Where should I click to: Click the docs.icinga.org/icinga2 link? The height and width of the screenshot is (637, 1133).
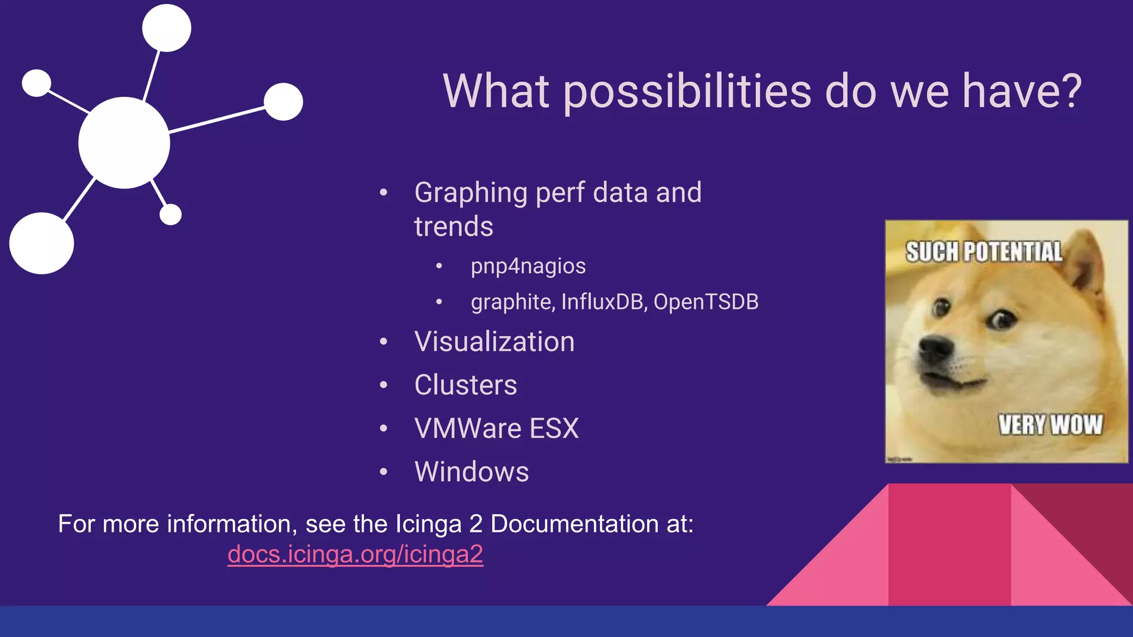[x=355, y=554]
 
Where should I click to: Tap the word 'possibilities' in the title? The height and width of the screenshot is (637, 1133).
[x=687, y=92]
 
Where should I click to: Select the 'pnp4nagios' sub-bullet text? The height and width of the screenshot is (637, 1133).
[x=528, y=267]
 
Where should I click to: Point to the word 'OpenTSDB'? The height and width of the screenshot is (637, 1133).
[x=706, y=302]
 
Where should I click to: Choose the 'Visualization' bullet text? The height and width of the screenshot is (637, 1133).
[x=494, y=342]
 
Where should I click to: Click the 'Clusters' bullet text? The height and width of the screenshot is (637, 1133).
[x=465, y=385]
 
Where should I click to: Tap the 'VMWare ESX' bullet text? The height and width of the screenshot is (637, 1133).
[x=496, y=429]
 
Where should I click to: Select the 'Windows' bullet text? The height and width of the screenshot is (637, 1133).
[x=471, y=472]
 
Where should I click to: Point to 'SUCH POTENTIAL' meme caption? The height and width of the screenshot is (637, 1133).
[x=984, y=252]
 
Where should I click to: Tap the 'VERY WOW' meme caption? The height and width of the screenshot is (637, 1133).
[x=1050, y=425]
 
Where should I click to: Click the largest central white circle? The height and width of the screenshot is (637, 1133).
[x=124, y=143]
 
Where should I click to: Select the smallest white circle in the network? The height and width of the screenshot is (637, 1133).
[x=170, y=215]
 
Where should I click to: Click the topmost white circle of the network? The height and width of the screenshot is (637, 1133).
[x=167, y=28]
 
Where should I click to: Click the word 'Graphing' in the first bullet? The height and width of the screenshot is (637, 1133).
[x=470, y=193]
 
